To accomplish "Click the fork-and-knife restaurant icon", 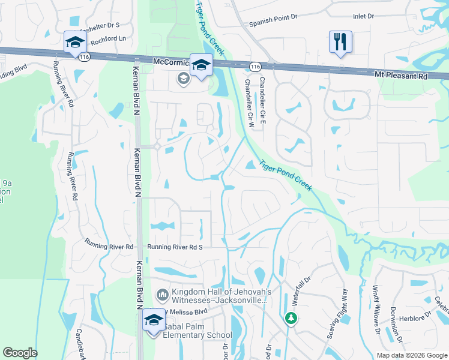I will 340,42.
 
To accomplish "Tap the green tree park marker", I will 291,317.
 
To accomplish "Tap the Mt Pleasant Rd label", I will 401,76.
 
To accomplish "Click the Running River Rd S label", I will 176,247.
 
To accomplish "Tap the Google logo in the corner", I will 20,353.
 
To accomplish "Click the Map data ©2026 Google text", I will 412,355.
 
